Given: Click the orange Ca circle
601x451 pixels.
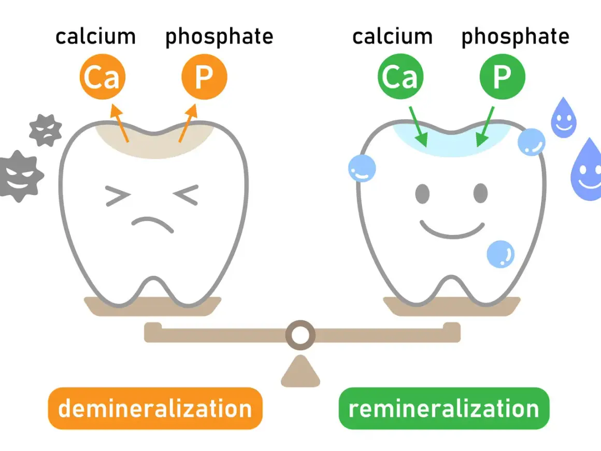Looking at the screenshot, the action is pos(103,77).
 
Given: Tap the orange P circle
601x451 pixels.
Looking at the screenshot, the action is pos(204,77).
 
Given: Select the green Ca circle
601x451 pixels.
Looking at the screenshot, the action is pos(400,76).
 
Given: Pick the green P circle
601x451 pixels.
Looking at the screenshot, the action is pos(503,76).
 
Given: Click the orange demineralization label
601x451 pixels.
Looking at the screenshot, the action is pos(155,408).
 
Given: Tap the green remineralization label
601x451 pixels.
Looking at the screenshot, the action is pos(444,408).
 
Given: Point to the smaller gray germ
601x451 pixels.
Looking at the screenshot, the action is pos(46,131).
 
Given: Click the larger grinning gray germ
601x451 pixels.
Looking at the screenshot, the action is pos(20,176).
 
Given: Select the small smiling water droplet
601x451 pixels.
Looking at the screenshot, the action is pos(564,118).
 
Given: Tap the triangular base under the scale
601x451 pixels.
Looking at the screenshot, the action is pos(300,371).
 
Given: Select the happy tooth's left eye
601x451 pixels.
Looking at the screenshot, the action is pos(422,194).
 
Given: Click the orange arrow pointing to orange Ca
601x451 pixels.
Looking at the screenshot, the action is pos(120,123).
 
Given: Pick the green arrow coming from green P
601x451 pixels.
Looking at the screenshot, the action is pos(485,126).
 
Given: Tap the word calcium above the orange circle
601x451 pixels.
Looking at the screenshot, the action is pos(95,37).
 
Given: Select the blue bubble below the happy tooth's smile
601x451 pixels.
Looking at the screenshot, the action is pos(500,254).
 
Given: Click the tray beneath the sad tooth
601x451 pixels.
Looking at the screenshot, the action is pos(152,306).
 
